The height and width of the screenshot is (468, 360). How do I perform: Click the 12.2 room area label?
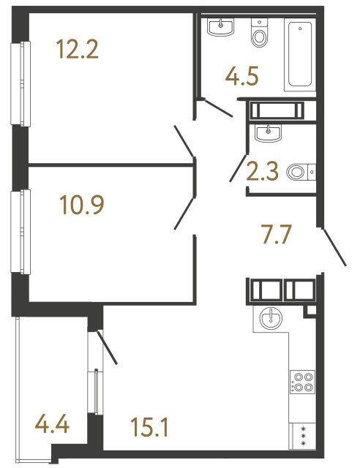tap(77, 50)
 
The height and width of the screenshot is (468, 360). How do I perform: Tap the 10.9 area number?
tap(81, 205)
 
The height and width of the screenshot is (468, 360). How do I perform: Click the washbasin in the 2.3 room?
tap(269, 133)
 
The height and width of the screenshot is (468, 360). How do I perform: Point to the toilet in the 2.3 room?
tap(299, 173)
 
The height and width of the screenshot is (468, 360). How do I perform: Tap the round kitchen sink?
tap(271, 317)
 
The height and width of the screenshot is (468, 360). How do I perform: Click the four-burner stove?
tap(302, 382)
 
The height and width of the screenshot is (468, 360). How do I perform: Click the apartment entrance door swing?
tap(334, 246)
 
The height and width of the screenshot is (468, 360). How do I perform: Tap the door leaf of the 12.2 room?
tap(184, 141)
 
